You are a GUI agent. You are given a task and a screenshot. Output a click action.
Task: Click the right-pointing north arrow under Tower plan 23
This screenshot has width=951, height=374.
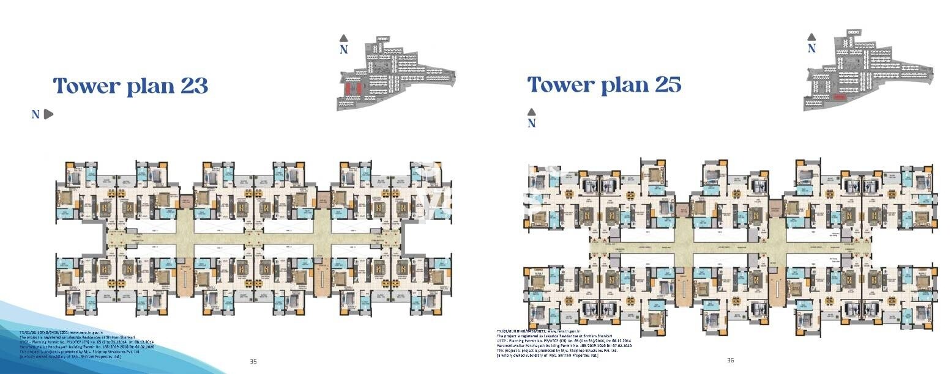(x=49, y=114)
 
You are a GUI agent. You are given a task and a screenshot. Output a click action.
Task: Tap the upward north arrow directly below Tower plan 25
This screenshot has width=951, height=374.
(x=531, y=112)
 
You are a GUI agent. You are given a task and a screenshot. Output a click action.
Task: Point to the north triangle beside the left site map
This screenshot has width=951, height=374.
(x=344, y=38)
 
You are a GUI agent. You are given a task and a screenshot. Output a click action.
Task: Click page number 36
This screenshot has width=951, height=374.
(x=729, y=360)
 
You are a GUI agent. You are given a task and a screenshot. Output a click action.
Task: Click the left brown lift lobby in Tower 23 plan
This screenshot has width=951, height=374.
(x=185, y=200)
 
